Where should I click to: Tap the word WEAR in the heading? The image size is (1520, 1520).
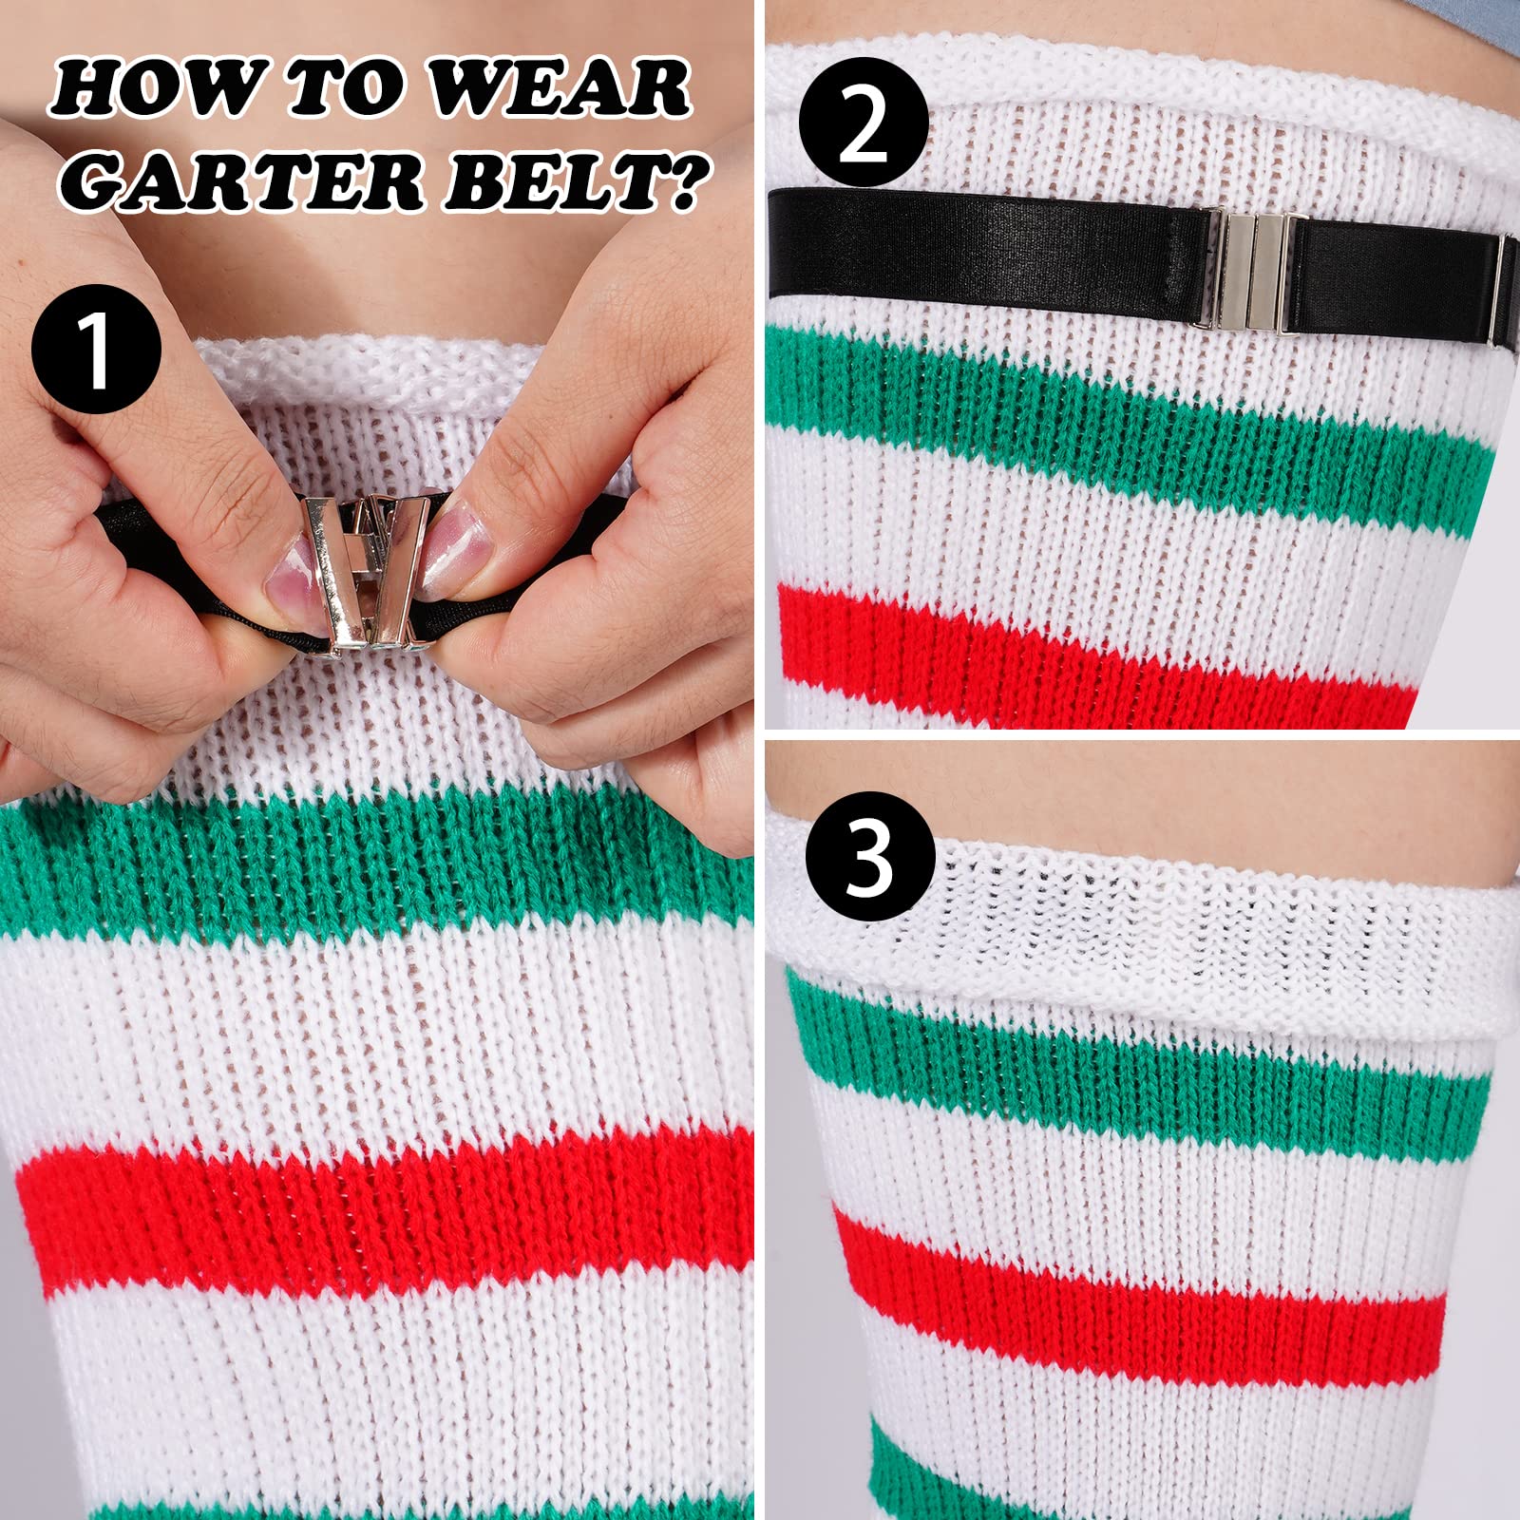coord(560,87)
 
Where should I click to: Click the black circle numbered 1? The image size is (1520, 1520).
coord(95,350)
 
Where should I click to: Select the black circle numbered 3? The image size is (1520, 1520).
coord(868,857)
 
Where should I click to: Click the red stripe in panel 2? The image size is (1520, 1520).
coord(1092,655)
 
